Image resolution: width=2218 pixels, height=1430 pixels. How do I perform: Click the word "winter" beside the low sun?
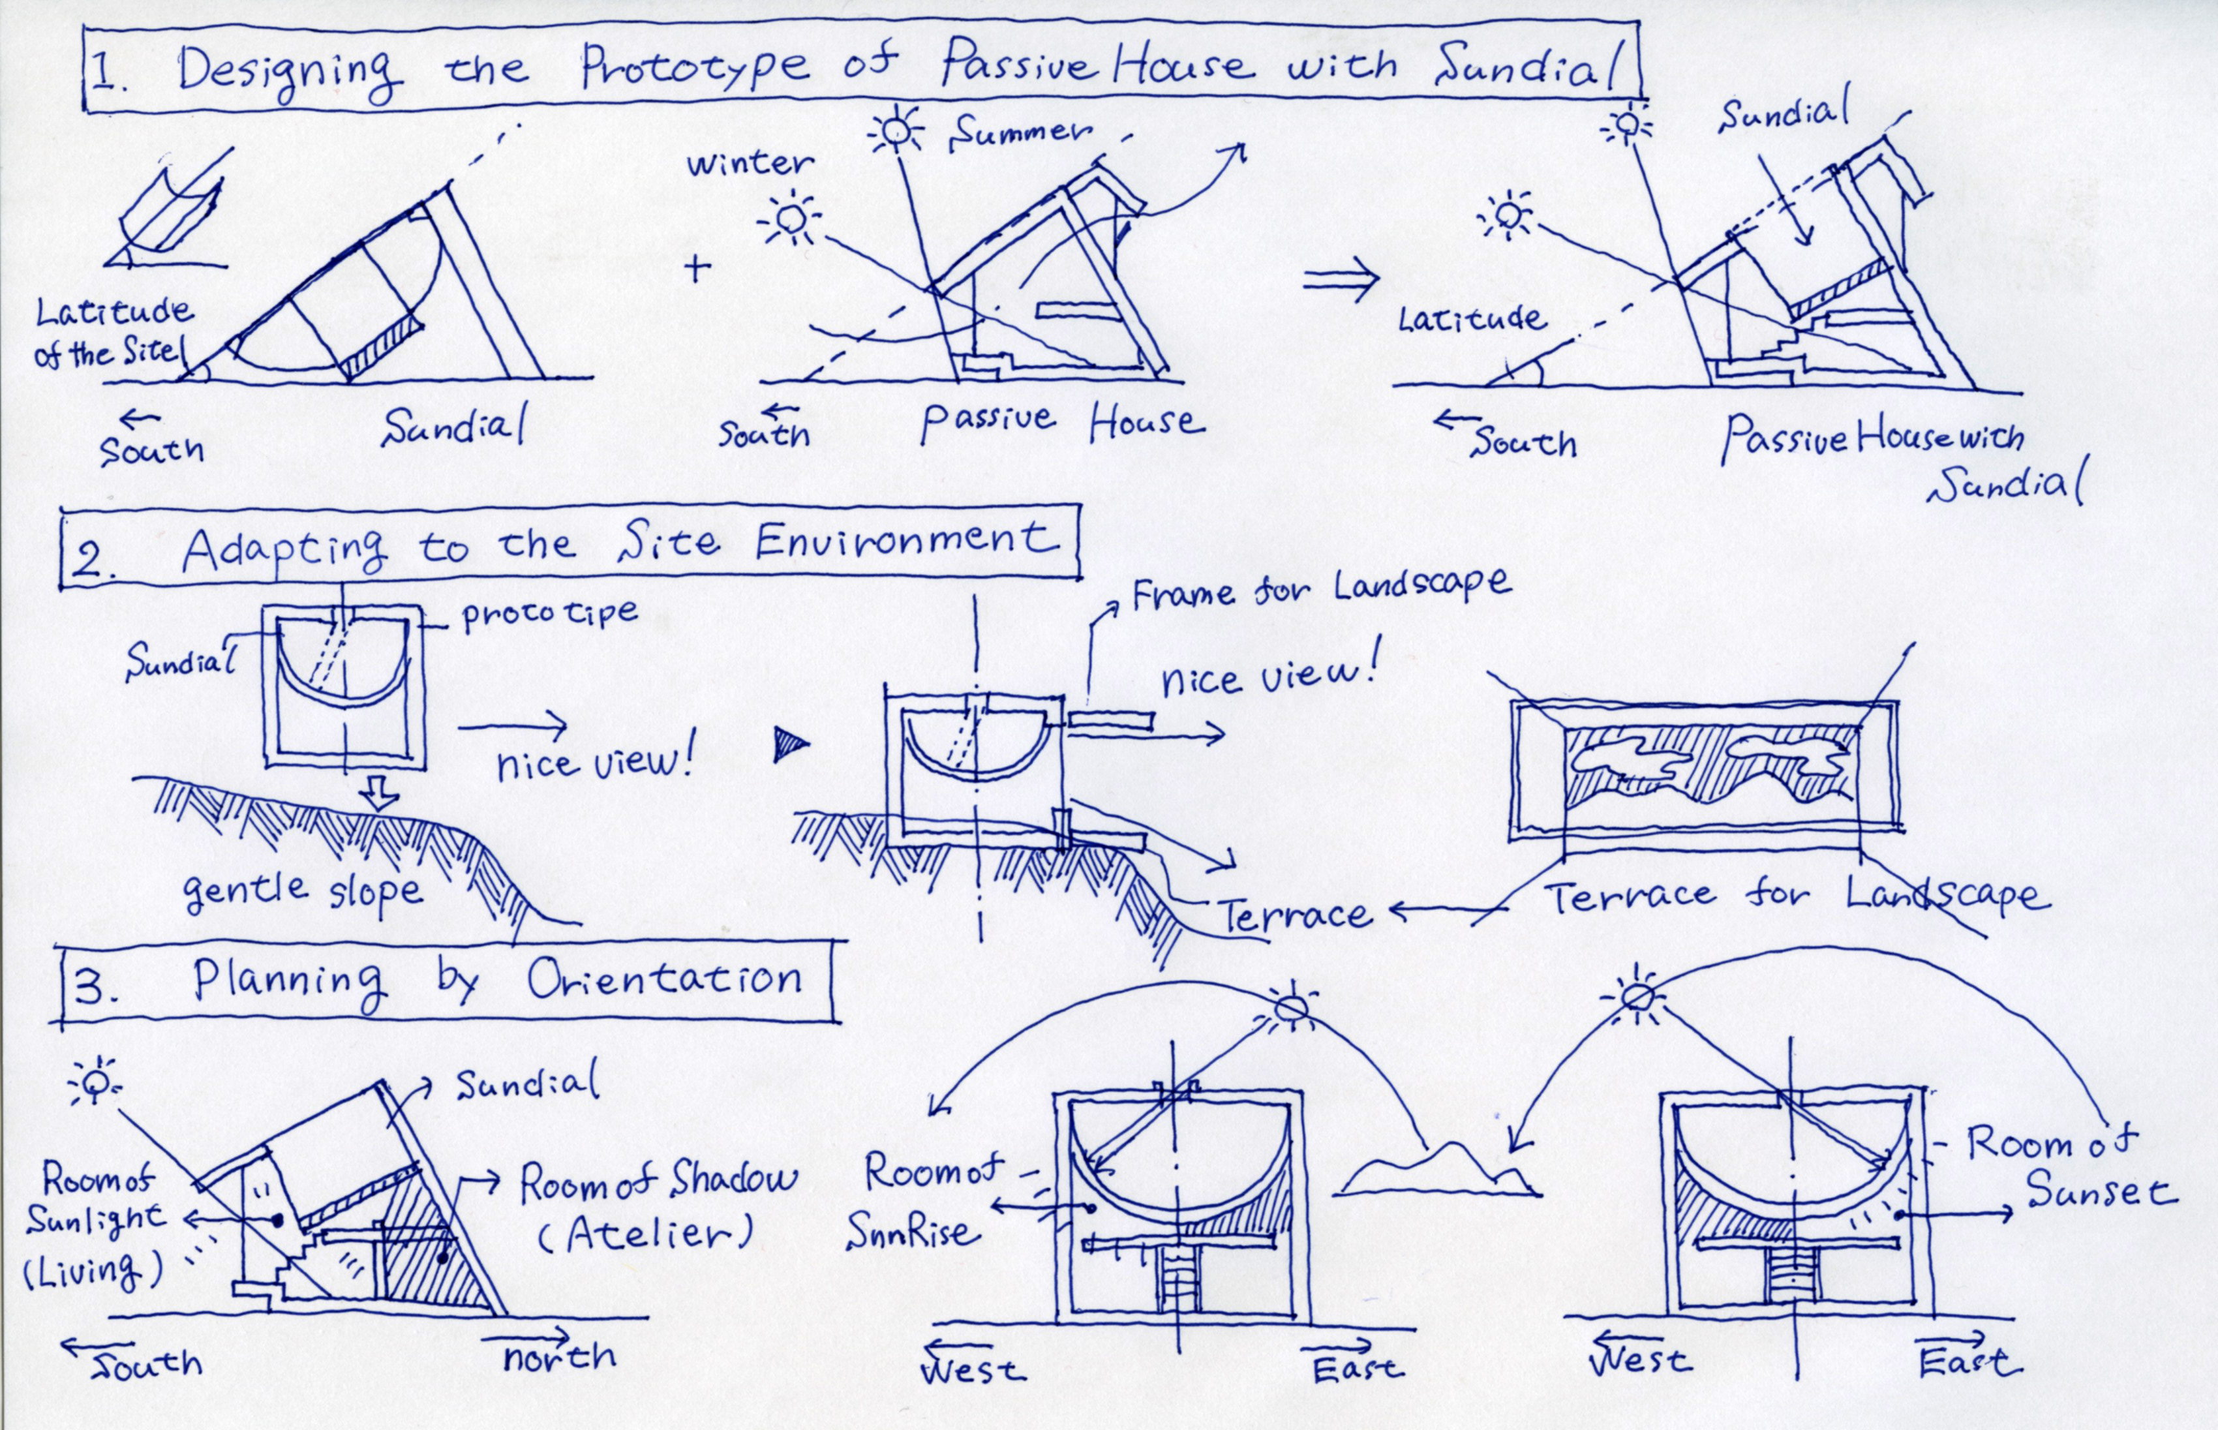[750, 164]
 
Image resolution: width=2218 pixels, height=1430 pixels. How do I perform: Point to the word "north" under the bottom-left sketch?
[559, 1357]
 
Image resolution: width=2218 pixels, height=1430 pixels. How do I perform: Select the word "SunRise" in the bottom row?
[913, 1231]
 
